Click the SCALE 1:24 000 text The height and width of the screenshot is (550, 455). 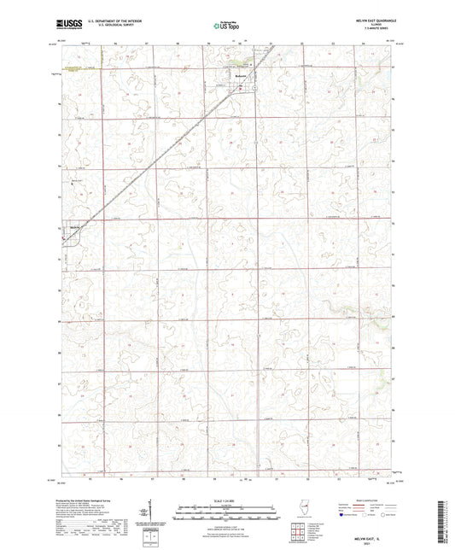point(227,500)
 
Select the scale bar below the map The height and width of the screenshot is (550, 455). point(227,509)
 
